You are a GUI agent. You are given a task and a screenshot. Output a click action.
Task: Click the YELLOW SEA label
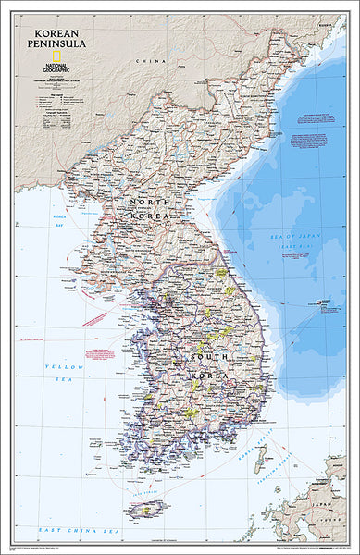(x=61, y=372)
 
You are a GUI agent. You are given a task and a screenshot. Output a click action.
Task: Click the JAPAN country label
(x=326, y=495)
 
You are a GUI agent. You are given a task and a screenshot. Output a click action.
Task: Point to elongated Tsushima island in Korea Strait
(x=262, y=453)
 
